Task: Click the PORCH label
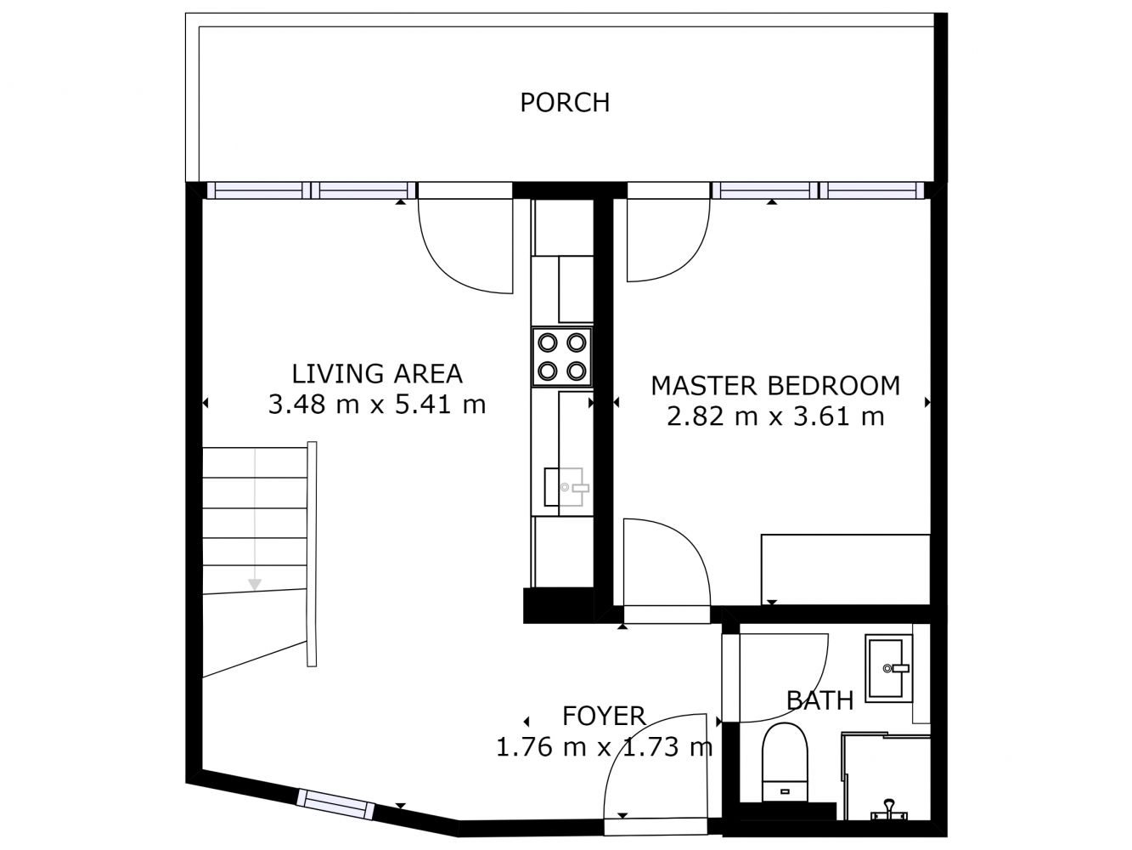565,102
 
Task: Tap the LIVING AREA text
377,374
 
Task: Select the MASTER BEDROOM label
775,386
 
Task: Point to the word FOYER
604,716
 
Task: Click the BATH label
819,700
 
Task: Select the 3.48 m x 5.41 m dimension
377,404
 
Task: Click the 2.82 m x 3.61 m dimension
775,416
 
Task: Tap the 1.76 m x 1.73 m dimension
604,746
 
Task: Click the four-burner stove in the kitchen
561,357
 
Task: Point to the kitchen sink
566,487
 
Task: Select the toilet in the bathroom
785,762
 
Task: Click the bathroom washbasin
888,668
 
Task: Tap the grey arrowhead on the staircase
255,584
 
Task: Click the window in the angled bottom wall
335,803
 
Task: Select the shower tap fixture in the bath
888,811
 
